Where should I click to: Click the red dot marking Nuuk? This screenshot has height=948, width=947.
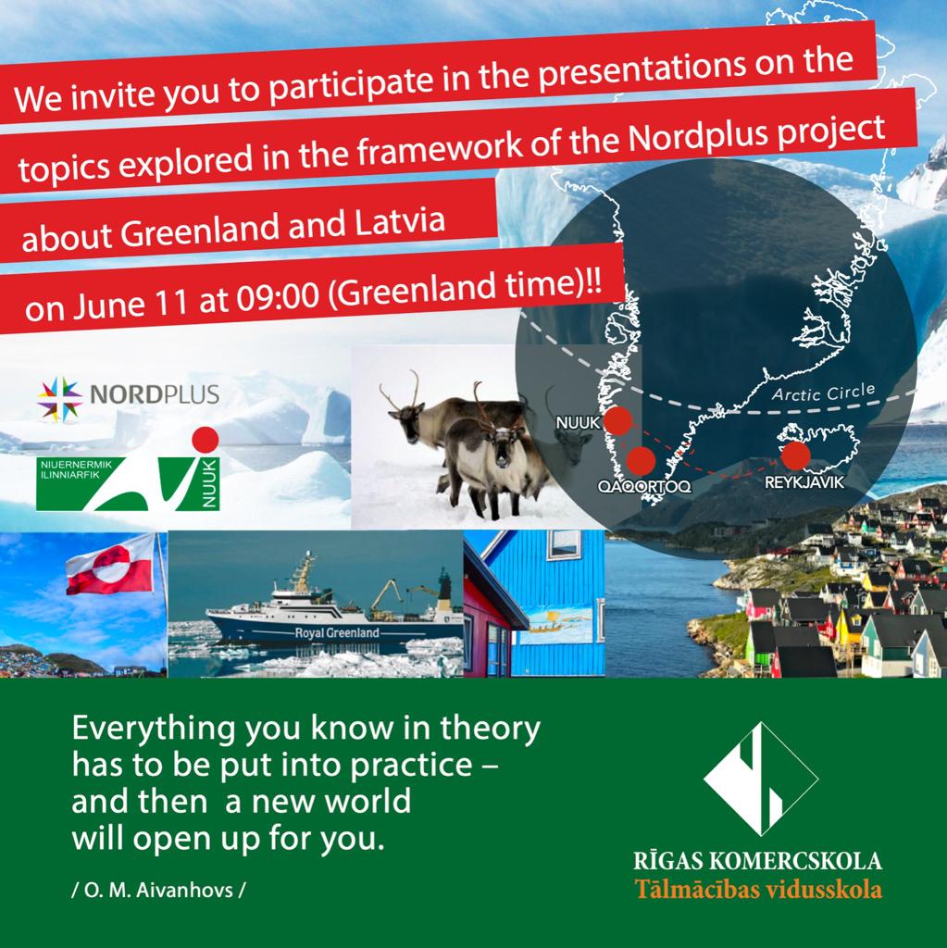click(x=617, y=421)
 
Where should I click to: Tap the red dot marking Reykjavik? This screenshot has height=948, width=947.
click(x=795, y=455)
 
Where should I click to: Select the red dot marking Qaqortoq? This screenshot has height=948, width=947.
click(x=641, y=461)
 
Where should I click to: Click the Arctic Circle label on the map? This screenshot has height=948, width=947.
click(x=823, y=393)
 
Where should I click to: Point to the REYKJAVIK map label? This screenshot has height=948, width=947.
click(x=804, y=481)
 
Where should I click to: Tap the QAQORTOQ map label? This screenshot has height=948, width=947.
click(x=644, y=486)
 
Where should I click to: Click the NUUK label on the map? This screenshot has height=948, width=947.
click(x=579, y=422)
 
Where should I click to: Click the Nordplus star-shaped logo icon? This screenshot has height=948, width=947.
click(x=59, y=398)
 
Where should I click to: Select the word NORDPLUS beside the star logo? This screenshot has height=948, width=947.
click(x=155, y=394)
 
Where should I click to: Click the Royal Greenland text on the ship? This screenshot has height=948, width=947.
click(x=337, y=633)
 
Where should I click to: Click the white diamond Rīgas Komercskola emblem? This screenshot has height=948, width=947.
click(x=760, y=779)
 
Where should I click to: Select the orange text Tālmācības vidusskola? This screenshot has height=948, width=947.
click(x=758, y=890)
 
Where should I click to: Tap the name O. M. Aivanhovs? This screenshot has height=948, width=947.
click(x=158, y=890)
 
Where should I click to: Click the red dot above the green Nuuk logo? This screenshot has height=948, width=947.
click(x=205, y=440)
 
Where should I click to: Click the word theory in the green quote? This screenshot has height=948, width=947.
click(x=490, y=730)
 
